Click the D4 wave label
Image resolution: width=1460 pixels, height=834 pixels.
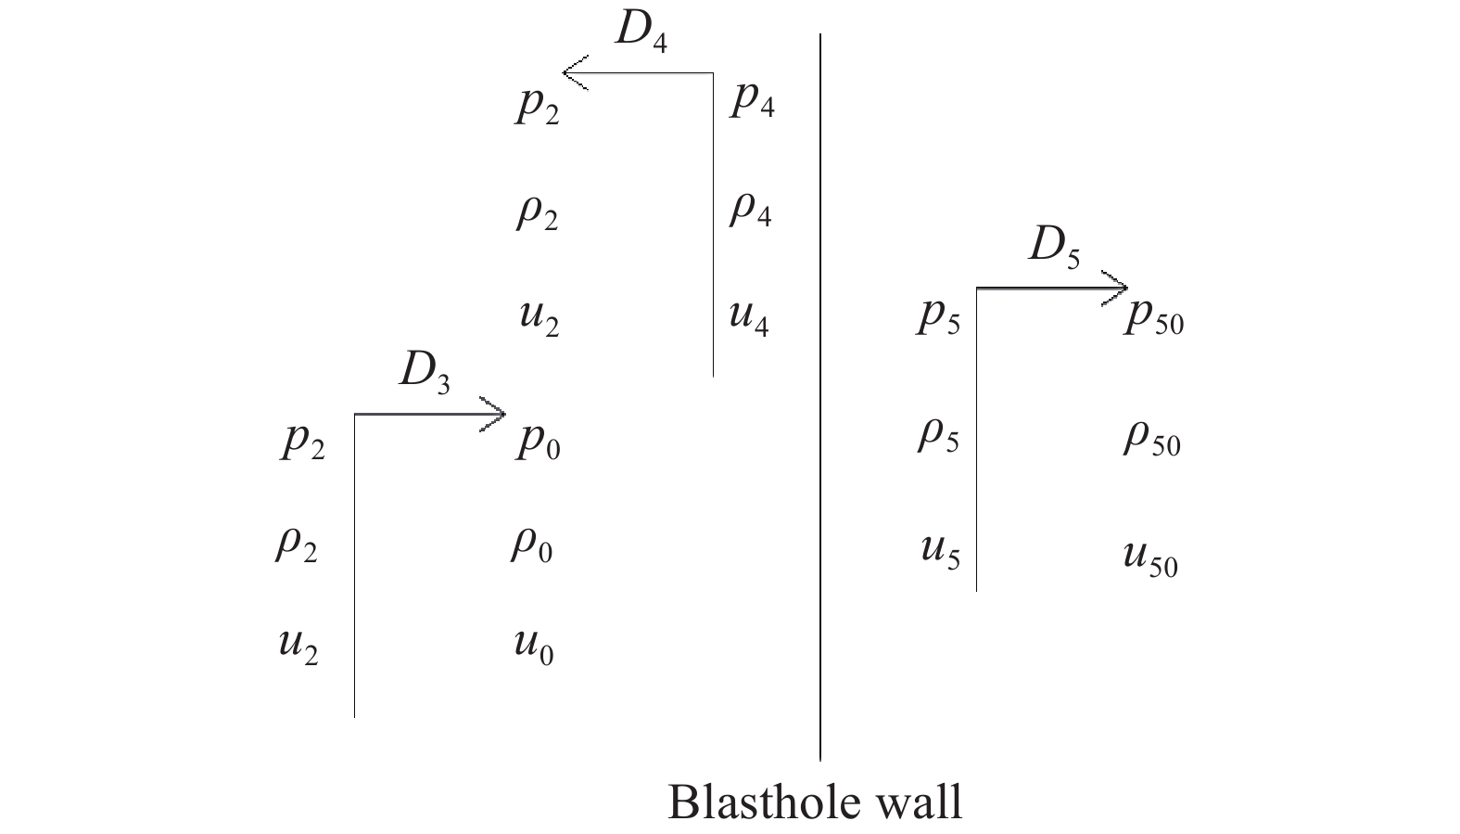pos(641,32)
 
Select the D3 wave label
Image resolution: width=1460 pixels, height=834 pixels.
pos(425,374)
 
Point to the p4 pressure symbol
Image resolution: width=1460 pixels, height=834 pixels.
pos(752,102)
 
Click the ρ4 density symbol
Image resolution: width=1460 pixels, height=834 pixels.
pos(751,210)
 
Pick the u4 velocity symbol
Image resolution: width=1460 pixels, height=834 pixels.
pos(749,318)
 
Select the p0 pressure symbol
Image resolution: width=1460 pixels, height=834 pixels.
pos(539,443)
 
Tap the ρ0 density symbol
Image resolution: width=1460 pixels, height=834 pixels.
pos(532,545)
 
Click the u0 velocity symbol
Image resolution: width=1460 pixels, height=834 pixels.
pos(534,648)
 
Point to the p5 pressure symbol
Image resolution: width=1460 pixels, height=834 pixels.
pos(938,318)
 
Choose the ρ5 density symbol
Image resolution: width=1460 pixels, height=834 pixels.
pos(938,436)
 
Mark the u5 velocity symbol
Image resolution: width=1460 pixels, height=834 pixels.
pos(941,553)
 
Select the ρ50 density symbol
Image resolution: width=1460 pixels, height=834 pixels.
pos(1152,438)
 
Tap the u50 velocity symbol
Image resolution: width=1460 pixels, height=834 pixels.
pos(1151,560)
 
